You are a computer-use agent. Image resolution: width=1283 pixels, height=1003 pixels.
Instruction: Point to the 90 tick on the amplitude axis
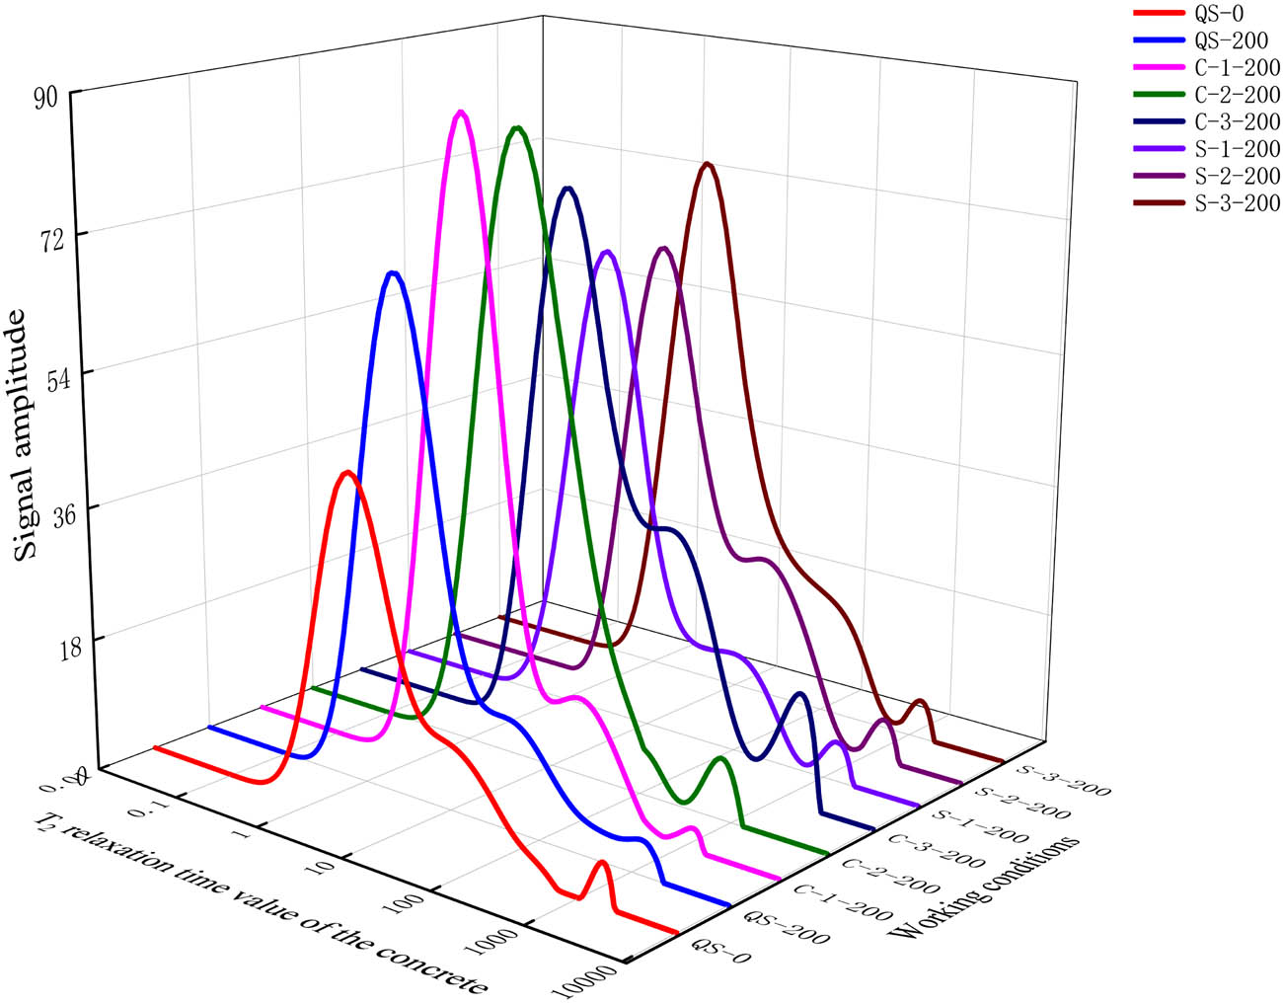pyautogui.click(x=47, y=95)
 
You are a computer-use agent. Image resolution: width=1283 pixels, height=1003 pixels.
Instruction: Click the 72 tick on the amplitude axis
pyautogui.click(x=47, y=235)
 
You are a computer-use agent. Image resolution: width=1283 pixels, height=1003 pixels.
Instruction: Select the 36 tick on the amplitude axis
pyautogui.click(x=47, y=509)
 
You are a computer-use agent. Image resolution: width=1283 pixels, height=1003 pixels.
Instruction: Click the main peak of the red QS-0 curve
pyautogui.click(x=346, y=473)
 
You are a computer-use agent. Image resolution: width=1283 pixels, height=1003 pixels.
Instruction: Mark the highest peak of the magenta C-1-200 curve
pyautogui.click(x=459, y=114)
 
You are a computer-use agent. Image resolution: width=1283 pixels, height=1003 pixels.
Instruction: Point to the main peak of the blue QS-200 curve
pyautogui.click(x=393, y=273)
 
